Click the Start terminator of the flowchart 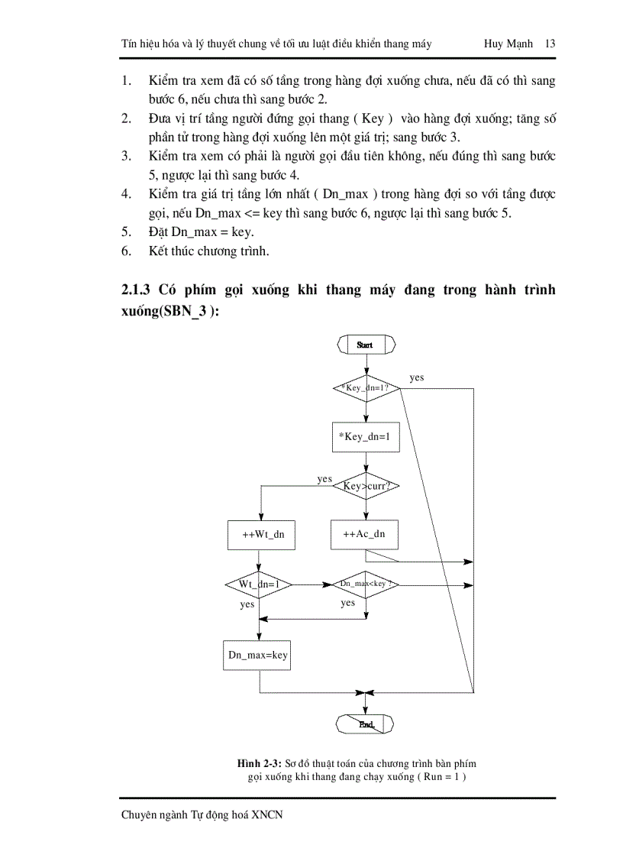click(366, 345)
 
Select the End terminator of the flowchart click(366, 724)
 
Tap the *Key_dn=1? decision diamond click(366, 387)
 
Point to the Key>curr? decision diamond click(366, 485)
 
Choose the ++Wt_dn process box click(262, 534)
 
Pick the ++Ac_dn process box click(364, 534)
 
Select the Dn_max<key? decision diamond click(366, 584)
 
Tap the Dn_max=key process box click(257, 655)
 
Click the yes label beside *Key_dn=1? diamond click(417, 377)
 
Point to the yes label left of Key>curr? click(324, 479)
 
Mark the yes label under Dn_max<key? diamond click(348, 603)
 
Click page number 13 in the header click(550, 44)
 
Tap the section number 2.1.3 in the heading click(137, 290)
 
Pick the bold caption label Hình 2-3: click(260, 763)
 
